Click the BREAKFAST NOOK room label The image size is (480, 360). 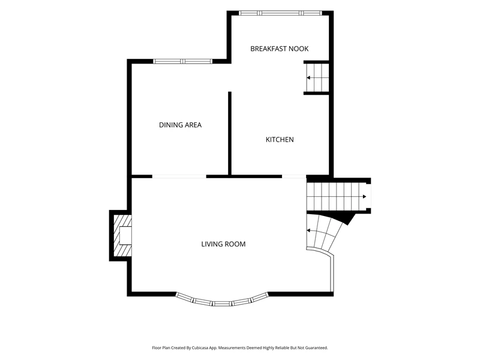(279, 49)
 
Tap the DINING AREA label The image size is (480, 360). (181, 125)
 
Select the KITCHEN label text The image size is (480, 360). (280, 140)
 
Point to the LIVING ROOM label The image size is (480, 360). (223, 244)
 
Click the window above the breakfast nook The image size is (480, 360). (280, 13)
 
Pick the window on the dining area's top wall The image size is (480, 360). (183, 61)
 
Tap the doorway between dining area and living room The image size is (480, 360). (179, 176)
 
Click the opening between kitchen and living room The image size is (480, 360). (294, 176)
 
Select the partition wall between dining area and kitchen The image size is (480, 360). (230, 133)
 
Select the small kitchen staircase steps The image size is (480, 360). (318, 77)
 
